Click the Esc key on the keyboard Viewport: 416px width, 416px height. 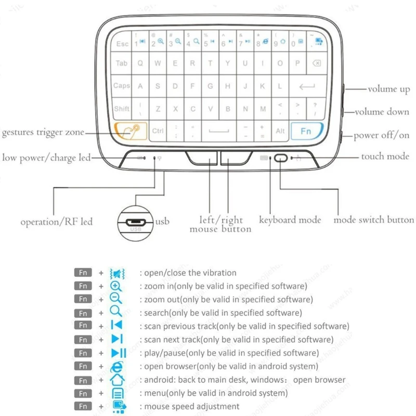coord(122,44)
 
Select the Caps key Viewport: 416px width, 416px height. coord(122,86)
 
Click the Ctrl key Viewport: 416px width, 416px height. coord(158,131)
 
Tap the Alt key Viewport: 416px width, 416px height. coord(280,131)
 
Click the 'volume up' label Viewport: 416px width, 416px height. coord(389,89)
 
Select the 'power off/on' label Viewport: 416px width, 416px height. coord(382,135)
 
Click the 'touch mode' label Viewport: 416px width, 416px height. coord(385,156)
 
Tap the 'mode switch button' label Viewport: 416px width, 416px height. coord(374,220)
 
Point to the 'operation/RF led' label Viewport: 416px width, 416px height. coord(57,222)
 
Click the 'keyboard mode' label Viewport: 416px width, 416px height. coord(290,220)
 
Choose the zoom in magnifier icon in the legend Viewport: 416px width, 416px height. coord(116,286)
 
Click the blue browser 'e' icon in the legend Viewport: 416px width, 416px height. coord(116,367)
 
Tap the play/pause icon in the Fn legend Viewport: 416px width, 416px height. coord(116,353)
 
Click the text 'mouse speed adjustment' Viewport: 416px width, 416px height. coord(191,407)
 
